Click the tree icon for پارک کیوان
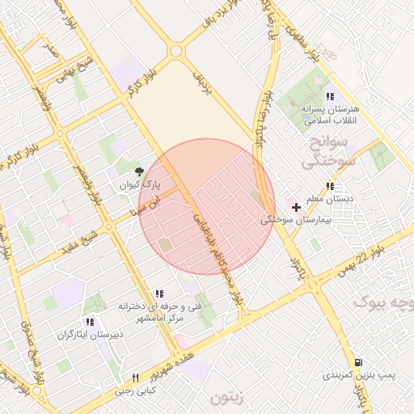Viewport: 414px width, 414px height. point(141,171)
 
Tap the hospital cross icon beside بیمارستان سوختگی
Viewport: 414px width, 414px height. point(297,207)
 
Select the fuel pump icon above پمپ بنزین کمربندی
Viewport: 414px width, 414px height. point(358,362)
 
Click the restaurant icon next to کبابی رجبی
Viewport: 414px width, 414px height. point(136,378)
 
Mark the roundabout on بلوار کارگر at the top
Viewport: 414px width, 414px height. point(175,52)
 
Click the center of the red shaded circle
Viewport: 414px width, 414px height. point(207,207)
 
